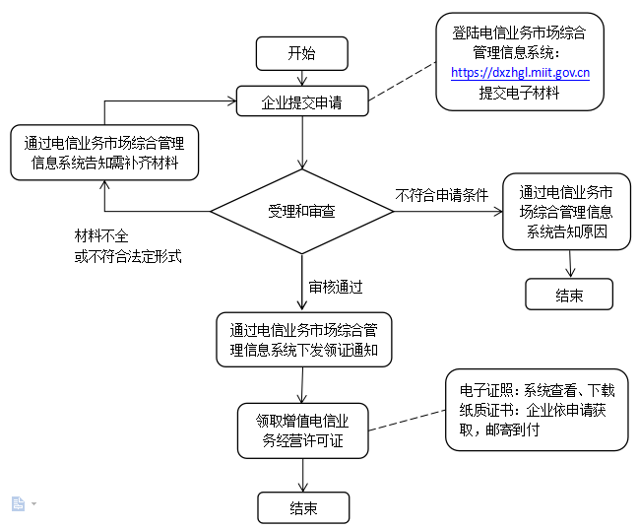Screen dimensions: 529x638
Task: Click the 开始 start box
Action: point(301,53)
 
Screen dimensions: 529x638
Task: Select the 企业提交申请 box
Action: point(301,100)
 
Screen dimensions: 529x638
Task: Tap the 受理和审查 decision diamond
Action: point(302,212)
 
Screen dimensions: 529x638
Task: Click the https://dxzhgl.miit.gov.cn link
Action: point(520,72)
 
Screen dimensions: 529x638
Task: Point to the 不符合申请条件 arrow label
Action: point(442,195)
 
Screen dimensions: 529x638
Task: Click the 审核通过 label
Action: point(336,287)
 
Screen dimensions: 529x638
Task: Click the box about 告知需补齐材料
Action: point(104,152)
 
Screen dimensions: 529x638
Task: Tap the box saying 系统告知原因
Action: point(565,212)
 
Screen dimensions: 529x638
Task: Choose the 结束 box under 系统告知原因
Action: point(569,295)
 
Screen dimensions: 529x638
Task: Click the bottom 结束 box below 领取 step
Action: point(303,508)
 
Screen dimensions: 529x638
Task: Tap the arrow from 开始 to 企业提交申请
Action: point(301,79)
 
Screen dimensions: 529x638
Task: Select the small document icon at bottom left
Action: point(18,503)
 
